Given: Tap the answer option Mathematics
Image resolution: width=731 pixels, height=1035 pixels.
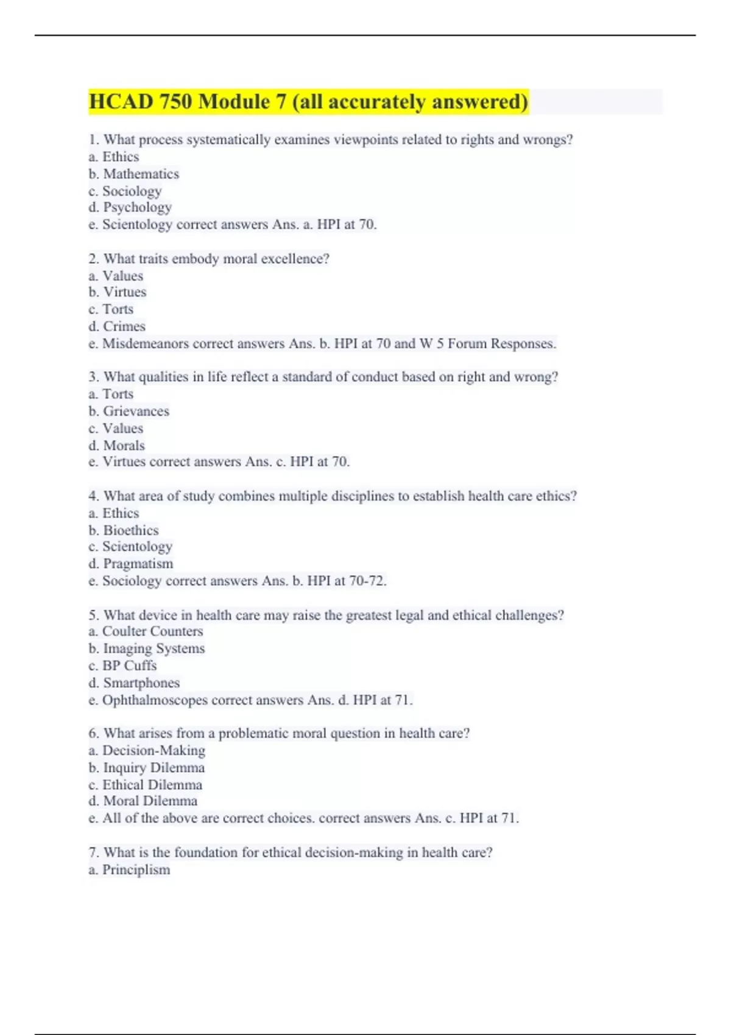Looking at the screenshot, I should tap(141, 174).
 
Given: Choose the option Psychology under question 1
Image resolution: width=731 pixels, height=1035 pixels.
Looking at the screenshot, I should tap(137, 208).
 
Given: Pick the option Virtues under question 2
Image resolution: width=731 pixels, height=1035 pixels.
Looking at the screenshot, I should tap(124, 292).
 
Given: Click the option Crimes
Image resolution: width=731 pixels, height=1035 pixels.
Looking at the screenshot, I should tap(124, 326).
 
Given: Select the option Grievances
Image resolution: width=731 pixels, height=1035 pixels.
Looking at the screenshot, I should tap(136, 412).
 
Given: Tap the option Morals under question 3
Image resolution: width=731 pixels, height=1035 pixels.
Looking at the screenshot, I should tap(124, 446).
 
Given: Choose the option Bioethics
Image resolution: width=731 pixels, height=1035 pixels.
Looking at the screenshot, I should tap(130, 530).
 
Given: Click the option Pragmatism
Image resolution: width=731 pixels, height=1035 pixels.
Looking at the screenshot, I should tap(138, 564).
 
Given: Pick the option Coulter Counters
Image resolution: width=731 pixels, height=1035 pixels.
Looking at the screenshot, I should tap(152, 631).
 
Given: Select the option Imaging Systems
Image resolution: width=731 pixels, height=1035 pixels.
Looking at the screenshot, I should tap(154, 648).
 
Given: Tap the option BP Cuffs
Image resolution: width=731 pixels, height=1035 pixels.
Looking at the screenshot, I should tap(129, 665).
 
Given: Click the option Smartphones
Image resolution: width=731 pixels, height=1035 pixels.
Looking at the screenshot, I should tap(141, 683).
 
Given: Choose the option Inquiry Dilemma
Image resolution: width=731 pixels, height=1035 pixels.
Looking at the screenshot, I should tap(154, 768).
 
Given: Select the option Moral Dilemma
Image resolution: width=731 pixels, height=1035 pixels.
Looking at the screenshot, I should tap(150, 801).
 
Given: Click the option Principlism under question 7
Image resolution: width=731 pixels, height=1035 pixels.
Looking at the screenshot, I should tap(136, 870).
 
